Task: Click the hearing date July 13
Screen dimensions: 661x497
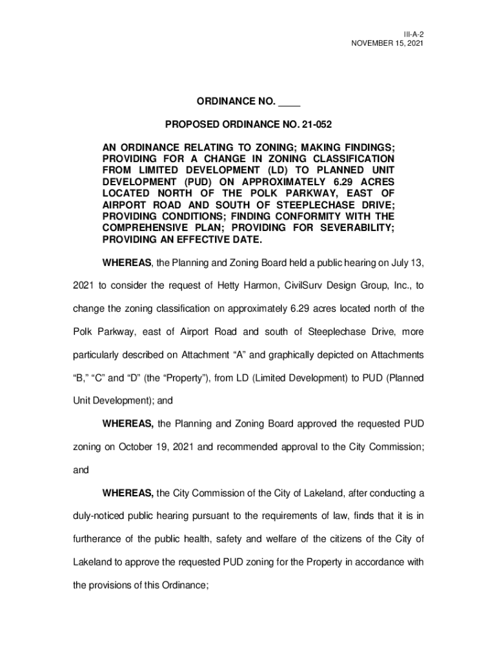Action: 405,264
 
